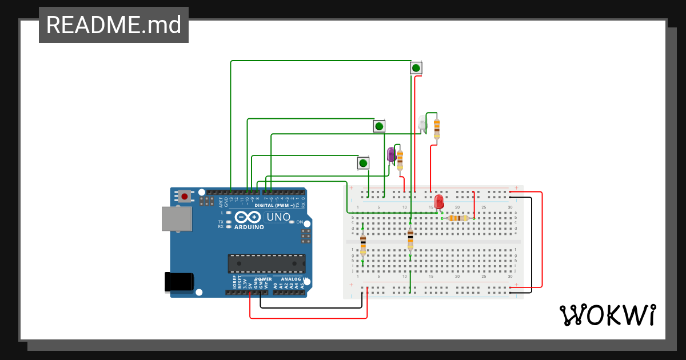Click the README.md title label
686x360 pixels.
(113, 25)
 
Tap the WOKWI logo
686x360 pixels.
(607, 315)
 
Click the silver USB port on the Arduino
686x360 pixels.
(177, 219)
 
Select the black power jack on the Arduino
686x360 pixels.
(179, 282)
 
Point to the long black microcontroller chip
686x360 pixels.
(266, 263)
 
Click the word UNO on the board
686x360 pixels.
(279, 217)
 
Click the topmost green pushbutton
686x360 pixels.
(416, 68)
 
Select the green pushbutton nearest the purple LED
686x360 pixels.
(363, 163)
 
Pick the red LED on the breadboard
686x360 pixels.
(439, 201)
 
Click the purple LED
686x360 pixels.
(392, 154)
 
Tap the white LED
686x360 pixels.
(422, 123)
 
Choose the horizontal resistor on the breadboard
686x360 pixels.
(458, 218)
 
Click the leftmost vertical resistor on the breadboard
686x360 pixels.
(363, 245)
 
